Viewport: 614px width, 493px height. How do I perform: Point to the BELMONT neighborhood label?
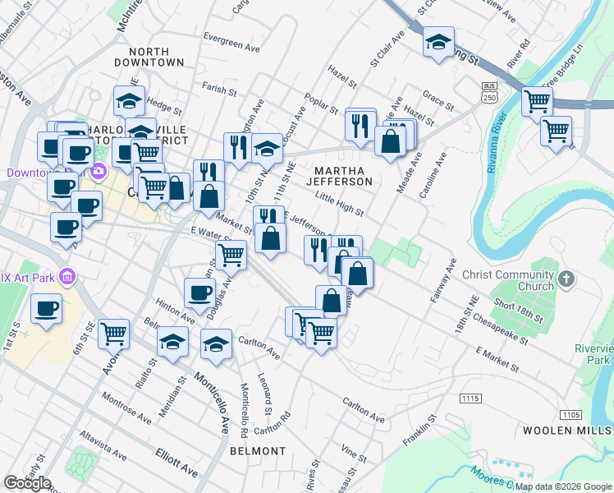click(x=257, y=451)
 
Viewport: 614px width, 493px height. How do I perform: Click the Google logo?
click(x=27, y=483)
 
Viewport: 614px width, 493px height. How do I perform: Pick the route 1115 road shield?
click(x=470, y=399)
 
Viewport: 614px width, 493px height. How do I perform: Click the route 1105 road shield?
click(x=571, y=415)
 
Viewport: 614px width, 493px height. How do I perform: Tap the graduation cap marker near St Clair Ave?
click(x=439, y=40)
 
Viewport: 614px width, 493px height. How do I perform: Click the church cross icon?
click(x=564, y=280)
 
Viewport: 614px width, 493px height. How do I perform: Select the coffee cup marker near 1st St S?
click(x=46, y=310)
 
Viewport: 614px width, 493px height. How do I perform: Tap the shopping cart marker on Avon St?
click(x=113, y=334)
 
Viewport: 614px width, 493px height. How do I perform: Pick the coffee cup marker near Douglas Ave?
click(x=199, y=293)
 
